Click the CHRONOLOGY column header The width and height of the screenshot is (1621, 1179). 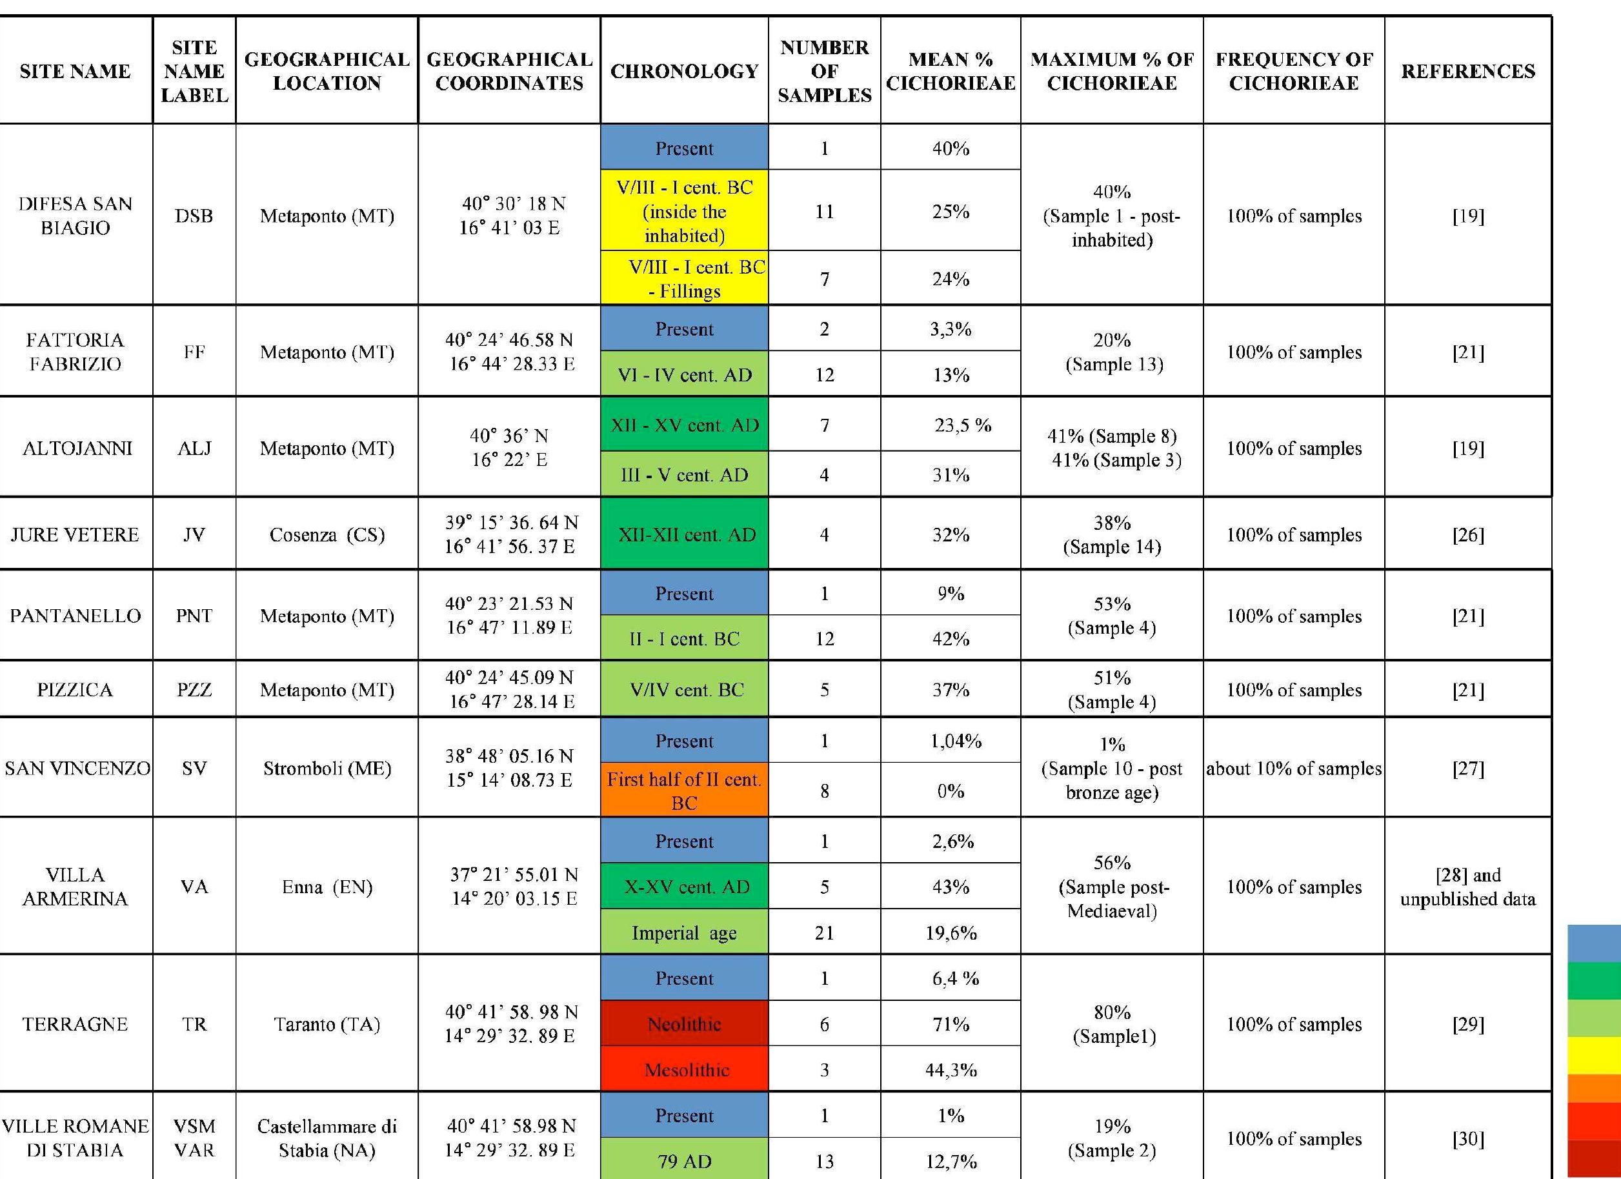[684, 71]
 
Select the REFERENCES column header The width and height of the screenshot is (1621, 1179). [1467, 71]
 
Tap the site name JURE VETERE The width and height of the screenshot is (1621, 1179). [75, 534]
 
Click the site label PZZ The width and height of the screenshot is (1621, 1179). [194, 690]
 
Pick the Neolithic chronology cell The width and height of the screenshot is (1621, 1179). [684, 1024]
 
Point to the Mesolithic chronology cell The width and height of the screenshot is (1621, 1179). [684, 1070]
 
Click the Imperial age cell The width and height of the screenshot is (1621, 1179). [684, 932]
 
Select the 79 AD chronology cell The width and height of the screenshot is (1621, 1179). [684, 1161]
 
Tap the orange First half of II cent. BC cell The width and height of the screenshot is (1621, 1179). [684, 791]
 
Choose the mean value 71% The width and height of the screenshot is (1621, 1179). [951, 1024]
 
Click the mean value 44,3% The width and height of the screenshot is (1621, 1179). [951, 1070]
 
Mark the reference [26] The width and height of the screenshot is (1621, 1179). [1467, 534]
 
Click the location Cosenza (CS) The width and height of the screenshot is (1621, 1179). [327, 534]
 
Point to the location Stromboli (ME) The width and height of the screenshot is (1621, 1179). [327, 768]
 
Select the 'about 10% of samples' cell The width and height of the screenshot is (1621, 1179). [1294, 768]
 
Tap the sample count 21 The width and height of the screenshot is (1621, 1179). [824, 932]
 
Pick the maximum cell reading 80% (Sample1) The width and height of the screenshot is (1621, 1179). [1112, 1024]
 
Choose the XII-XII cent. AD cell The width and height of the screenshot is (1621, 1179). [684, 534]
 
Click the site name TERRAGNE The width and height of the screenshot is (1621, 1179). [75, 1024]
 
